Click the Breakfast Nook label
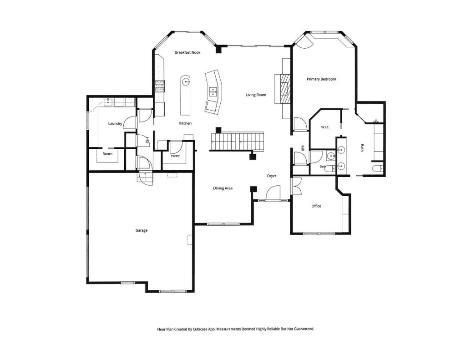187,53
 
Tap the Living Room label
256,95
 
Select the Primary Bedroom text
321,79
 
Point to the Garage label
142,230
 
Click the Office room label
316,206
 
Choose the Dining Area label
223,188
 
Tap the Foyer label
272,176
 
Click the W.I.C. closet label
325,127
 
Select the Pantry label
175,156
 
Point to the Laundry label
115,124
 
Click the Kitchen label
185,123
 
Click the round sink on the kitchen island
186,81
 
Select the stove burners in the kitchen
159,86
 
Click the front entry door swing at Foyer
273,193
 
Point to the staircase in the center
237,142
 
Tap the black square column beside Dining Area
253,189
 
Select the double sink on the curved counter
213,92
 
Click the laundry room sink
107,102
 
